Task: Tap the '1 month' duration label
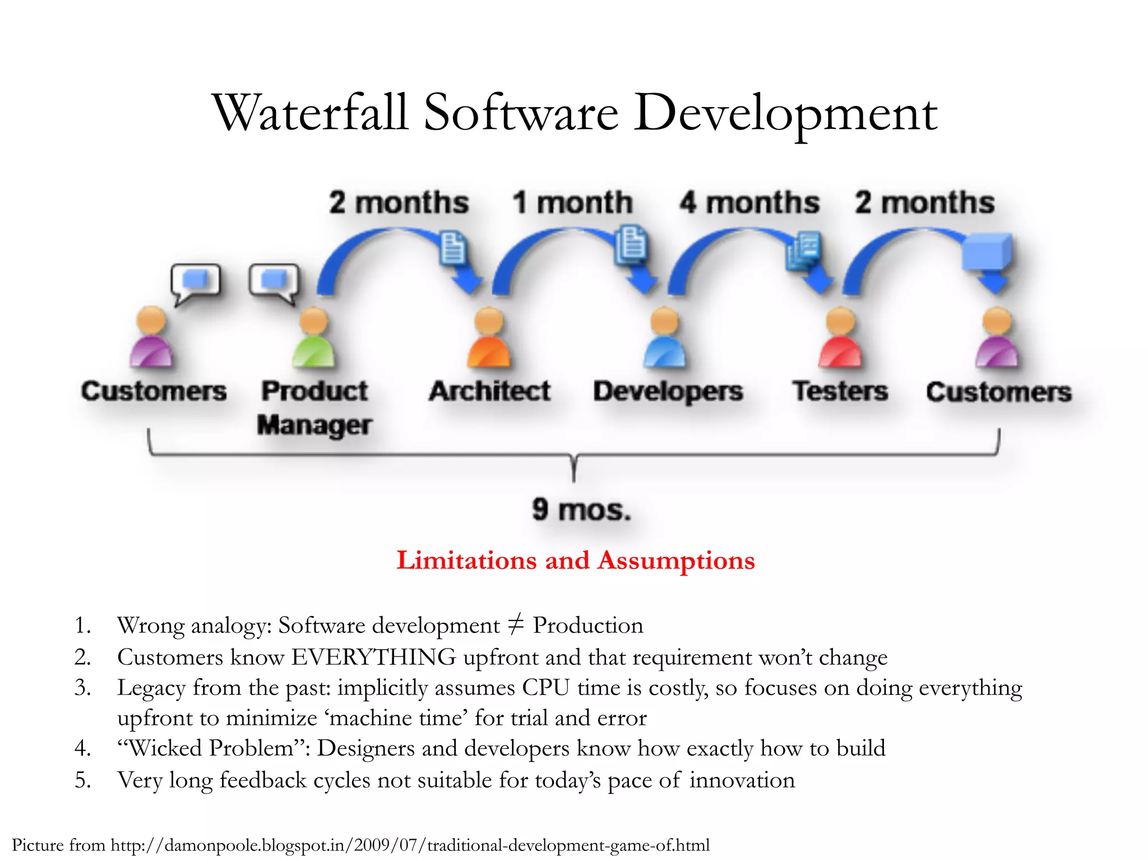click(572, 202)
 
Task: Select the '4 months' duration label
click(749, 202)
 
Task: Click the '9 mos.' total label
click(581, 510)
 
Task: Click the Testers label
click(840, 391)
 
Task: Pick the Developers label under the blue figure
click(668, 392)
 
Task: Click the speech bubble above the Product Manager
click(274, 281)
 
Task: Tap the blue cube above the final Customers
click(987, 253)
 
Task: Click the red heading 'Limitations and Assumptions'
click(576, 560)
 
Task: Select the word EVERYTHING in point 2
click(373, 657)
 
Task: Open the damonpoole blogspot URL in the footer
click(410, 845)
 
